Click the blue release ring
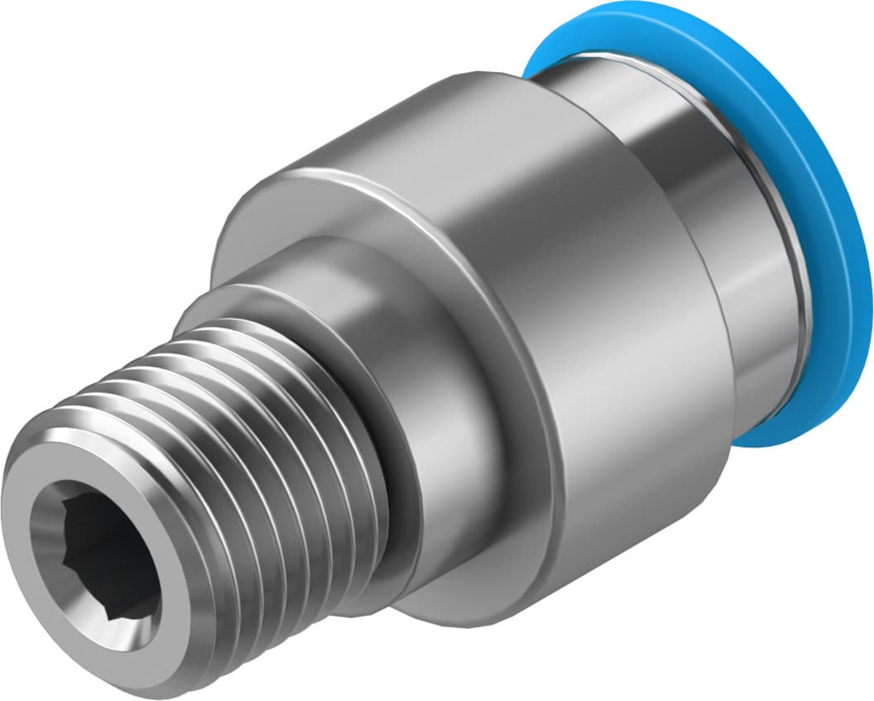click(828, 207)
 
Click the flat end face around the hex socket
click(50, 513)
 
